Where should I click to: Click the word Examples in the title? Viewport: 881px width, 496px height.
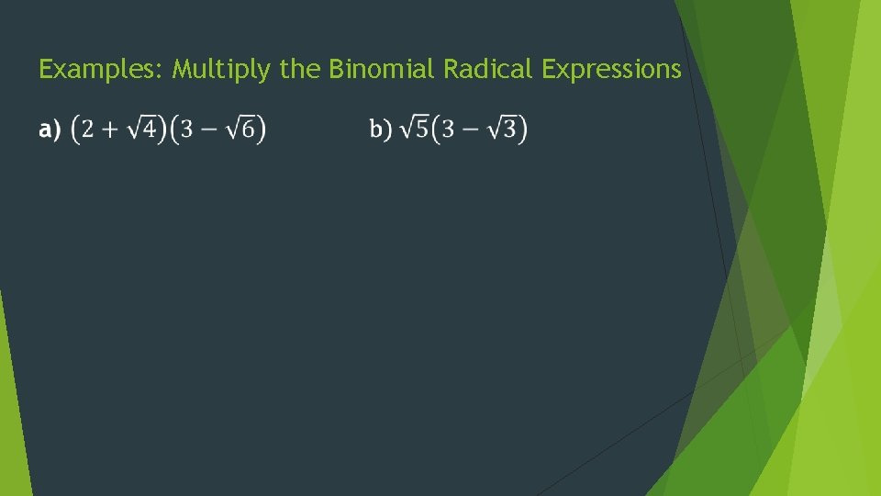tap(100, 70)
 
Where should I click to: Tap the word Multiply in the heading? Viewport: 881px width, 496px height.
tap(221, 70)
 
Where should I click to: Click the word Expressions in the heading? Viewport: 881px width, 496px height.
tap(611, 70)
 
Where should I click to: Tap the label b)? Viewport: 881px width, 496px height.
tap(381, 130)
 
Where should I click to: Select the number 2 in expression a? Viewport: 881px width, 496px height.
tap(87, 130)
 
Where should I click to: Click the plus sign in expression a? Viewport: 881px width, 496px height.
tap(110, 130)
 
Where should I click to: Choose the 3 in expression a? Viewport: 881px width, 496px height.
tap(186, 130)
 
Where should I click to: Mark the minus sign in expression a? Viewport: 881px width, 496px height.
tap(210, 130)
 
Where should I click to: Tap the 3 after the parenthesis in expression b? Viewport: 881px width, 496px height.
tap(448, 130)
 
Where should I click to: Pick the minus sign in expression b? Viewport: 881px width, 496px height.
tap(472, 130)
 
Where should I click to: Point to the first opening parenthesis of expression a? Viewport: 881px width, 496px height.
tap(75, 130)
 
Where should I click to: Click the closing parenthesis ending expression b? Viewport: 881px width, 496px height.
tap(523, 130)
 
